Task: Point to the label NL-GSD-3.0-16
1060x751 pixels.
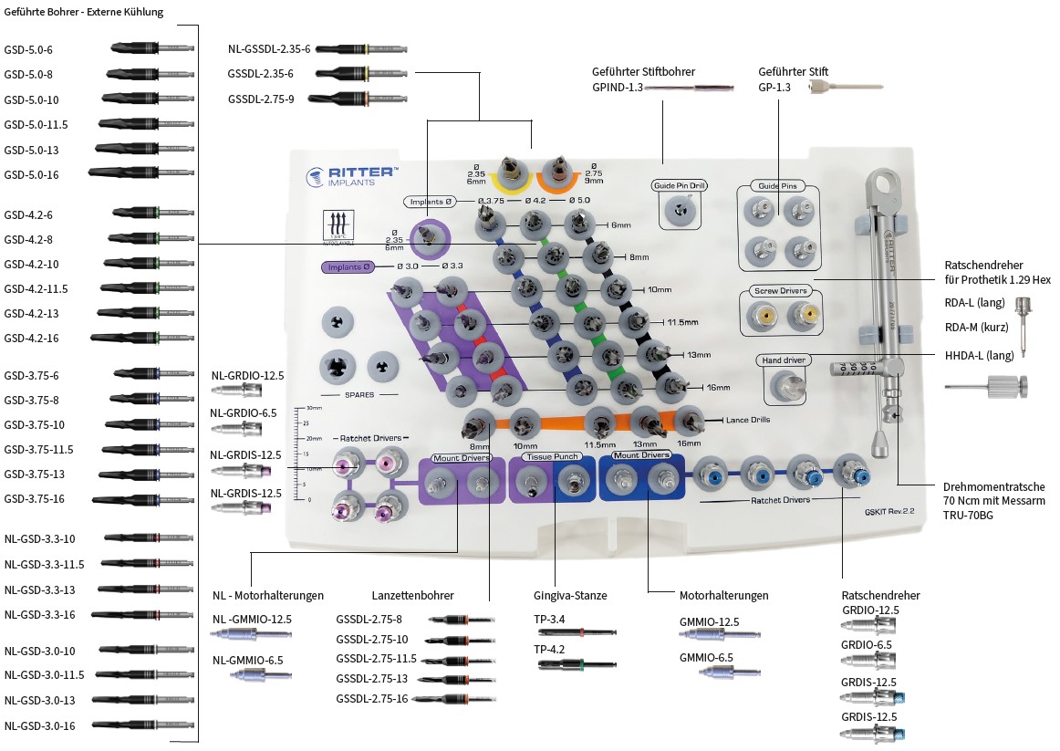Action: pyautogui.click(x=39, y=725)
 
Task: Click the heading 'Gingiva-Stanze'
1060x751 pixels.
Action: pyautogui.click(x=570, y=596)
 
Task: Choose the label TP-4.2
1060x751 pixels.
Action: pyautogui.click(x=549, y=651)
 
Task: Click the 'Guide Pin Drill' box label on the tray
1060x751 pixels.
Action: pyautogui.click(x=680, y=185)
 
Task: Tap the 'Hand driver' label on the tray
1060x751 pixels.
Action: pyautogui.click(x=783, y=360)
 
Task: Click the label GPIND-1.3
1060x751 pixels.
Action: pyautogui.click(x=618, y=88)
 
